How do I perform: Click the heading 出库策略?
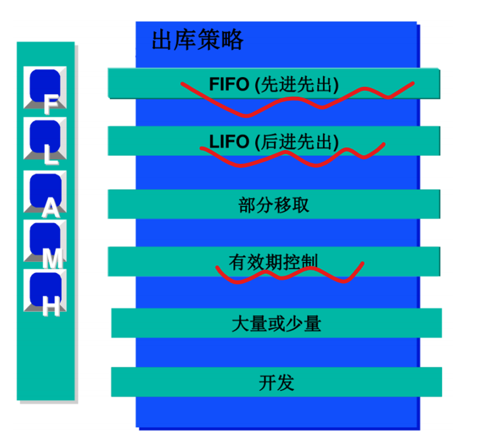(197, 41)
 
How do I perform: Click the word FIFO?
(229, 84)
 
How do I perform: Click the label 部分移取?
(273, 205)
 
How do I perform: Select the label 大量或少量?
(276, 324)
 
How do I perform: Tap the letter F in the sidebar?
(49, 105)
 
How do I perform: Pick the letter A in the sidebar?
(50, 209)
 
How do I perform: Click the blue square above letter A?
(45, 186)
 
